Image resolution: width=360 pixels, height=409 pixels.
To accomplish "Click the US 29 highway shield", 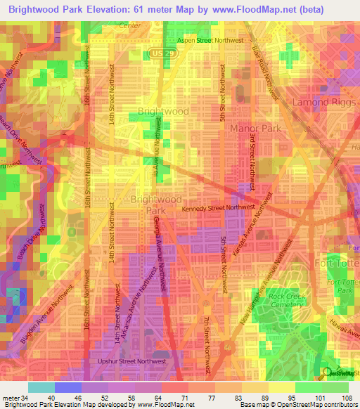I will (x=158, y=53).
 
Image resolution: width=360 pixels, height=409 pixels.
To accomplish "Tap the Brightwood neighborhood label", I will (x=163, y=112).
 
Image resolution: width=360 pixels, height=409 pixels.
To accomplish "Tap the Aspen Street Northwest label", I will (x=210, y=41).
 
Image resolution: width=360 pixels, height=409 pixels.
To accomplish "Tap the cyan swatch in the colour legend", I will (x=41, y=387).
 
